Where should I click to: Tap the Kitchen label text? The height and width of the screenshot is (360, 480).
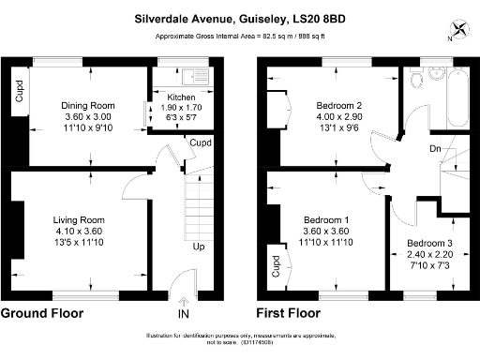click(181, 97)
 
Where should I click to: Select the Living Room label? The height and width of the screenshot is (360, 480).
click(77, 219)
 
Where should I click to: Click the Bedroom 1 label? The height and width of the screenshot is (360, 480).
click(327, 219)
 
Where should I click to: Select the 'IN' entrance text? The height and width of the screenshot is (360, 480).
click(184, 314)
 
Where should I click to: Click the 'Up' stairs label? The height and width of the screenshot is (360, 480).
click(199, 247)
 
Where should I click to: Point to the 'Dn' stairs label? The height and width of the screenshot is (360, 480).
click(436, 148)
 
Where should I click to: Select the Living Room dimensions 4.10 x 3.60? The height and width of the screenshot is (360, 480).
click(77, 231)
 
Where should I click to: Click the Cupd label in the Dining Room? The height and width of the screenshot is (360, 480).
click(18, 91)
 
